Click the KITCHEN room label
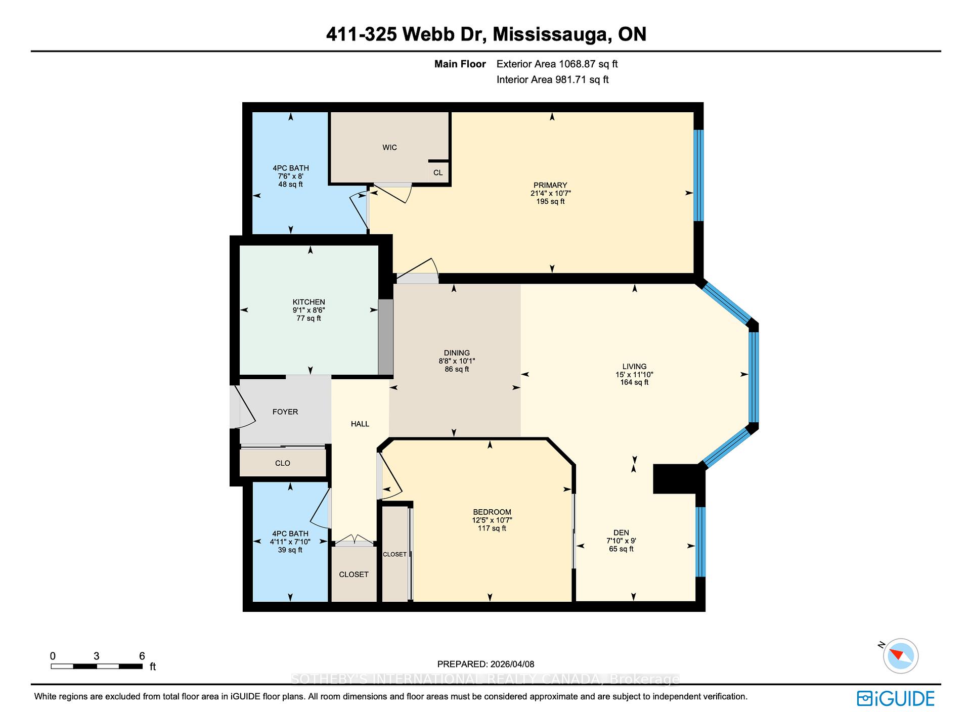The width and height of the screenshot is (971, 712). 308,302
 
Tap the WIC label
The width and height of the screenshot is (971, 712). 389,148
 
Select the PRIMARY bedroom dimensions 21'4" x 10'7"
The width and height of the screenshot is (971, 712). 550,193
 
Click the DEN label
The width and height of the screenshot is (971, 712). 621,532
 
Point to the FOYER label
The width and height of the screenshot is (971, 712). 285,412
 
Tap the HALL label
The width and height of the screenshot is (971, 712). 360,424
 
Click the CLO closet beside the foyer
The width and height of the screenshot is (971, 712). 283,463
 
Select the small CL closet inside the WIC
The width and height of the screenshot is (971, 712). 438,172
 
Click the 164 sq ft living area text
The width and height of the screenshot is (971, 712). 634,382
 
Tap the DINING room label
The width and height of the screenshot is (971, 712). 457,353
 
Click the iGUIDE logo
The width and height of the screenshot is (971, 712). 896,698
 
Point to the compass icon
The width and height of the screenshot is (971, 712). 901,656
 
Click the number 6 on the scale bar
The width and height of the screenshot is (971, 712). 142,656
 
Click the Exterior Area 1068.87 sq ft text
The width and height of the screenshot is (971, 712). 557,64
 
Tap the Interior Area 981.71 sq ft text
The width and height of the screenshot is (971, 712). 552,79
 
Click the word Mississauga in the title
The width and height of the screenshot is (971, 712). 550,34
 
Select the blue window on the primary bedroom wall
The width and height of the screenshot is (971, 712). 698,175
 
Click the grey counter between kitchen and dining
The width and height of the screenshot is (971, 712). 386,337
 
